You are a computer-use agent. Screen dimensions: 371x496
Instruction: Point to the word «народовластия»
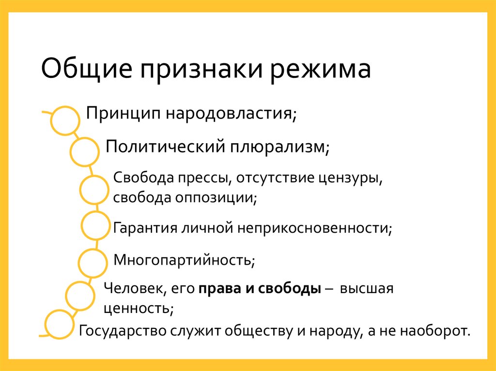(232, 115)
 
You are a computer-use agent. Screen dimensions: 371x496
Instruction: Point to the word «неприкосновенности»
(314, 228)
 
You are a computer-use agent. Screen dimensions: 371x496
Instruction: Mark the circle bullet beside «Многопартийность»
(93, 263)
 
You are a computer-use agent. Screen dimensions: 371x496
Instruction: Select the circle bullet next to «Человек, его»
(80, 295)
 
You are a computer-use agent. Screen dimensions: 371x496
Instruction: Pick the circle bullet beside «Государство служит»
(60, 325)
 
